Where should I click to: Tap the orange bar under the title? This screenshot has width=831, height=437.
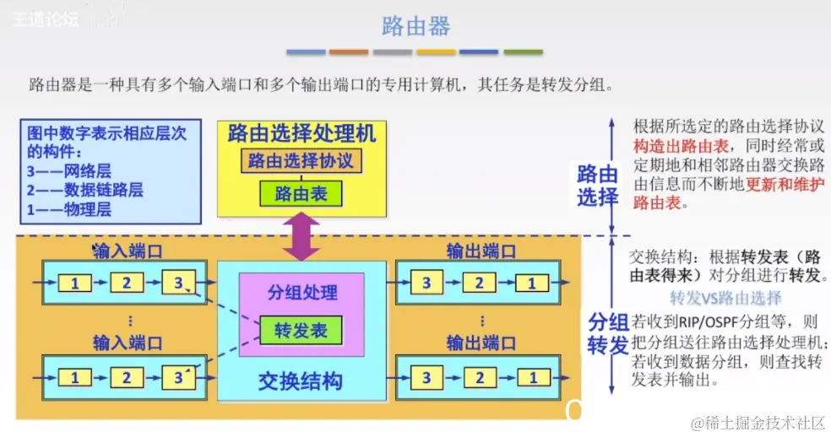[x=349, y=52]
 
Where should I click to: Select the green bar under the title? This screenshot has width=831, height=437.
[x=523, y=52]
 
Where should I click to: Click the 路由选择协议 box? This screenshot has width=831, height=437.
[x=301, y=160]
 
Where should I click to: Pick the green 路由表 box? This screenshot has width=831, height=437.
[x=301, y=195]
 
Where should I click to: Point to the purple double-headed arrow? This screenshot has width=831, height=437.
[x=301, y=236]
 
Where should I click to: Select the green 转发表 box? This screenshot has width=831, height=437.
[x=301, y=331]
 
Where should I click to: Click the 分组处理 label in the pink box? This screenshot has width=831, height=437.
[x=301, y=293]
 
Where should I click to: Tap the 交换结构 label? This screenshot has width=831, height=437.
[x=301, y=380]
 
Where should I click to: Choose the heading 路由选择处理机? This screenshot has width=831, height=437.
[x=301, y=132]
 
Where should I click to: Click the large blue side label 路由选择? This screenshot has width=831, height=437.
[x=598, y=186]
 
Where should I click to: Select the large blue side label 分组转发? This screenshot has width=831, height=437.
[x=598, y=332]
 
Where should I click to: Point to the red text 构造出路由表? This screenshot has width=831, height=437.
[x=674, y=146]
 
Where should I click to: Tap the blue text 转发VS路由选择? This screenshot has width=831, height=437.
[x=725, y=299]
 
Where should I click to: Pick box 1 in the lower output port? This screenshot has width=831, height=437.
[x=532, y=378]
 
